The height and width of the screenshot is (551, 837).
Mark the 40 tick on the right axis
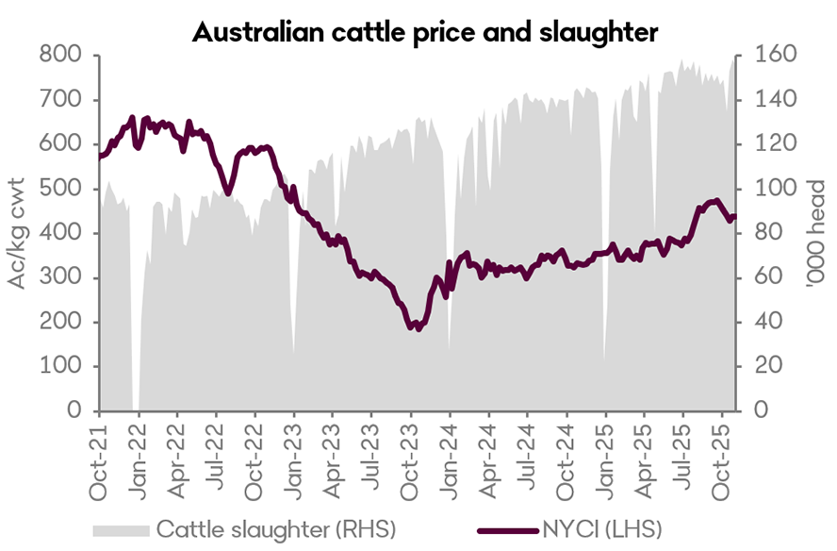coord(765,322)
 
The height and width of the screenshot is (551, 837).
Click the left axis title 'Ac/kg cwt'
coord(20,233)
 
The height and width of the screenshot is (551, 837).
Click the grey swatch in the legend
coord(122,528)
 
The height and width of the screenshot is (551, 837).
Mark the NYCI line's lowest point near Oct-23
coord(416,328)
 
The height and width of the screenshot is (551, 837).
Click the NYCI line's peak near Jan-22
coord(132,117)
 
